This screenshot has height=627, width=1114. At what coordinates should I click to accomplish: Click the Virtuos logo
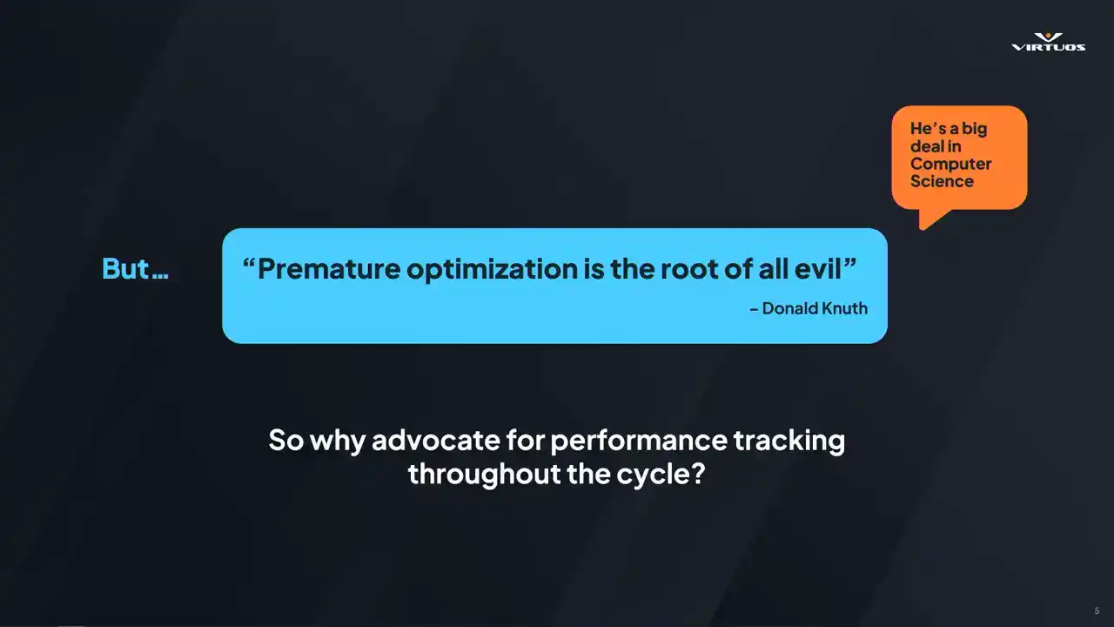coord(1049,43)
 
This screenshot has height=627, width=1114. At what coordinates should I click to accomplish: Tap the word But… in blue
coord(135,269)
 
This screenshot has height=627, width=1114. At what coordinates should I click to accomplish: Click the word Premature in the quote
coord(329,269)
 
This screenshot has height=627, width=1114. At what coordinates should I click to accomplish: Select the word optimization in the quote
coord(492,270)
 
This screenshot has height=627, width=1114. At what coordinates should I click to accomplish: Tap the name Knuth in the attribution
coord(844,308)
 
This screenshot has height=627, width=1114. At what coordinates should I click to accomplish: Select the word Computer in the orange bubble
coord(951,165)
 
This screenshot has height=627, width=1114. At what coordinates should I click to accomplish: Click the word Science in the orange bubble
coord(942,181)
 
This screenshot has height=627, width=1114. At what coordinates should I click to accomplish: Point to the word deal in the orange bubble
coord(928,146)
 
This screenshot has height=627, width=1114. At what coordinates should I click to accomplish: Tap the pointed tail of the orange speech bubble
coord(922,228)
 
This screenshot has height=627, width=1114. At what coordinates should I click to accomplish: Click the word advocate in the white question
coord(436,440)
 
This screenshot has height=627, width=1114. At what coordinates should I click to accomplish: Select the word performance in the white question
coord(639,441)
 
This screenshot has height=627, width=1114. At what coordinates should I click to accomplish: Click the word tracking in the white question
coord(789,441)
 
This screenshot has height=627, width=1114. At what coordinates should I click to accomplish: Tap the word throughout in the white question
coord(485,474)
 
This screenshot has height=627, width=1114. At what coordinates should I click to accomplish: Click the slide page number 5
coord(1097,610)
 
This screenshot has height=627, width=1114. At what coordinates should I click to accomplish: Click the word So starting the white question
coord(286,440)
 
